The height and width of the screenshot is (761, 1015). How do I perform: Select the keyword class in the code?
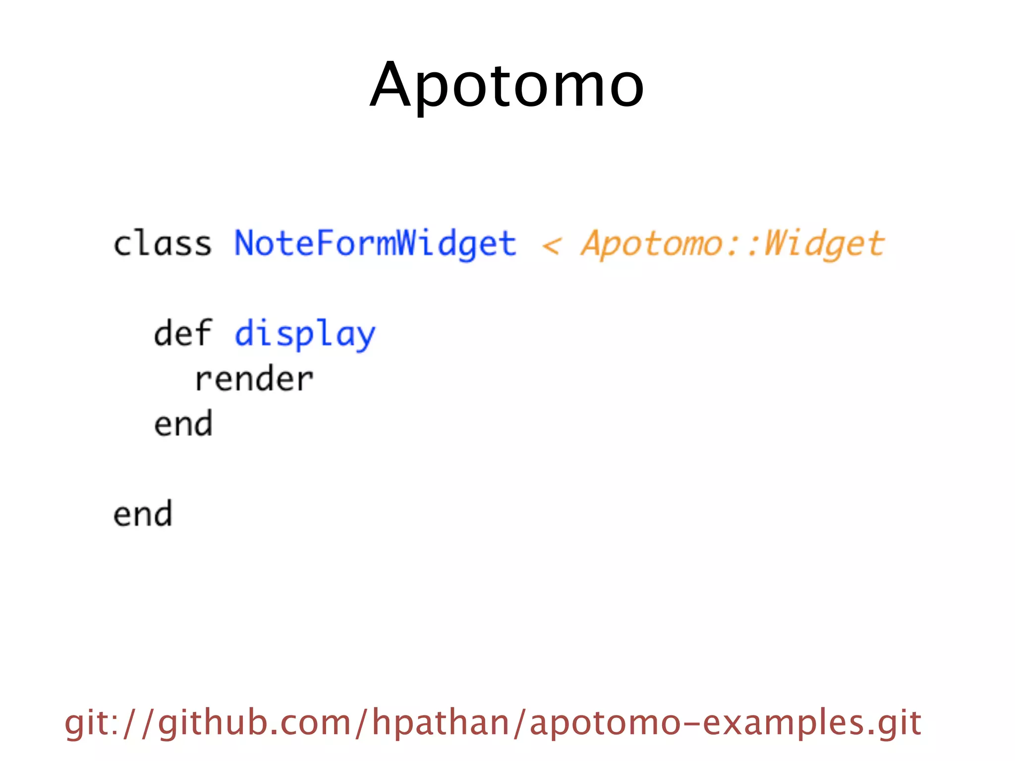pos(163,244)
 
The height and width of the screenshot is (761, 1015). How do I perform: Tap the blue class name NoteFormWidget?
pos(375,244)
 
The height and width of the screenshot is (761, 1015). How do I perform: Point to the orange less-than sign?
pos(552,245)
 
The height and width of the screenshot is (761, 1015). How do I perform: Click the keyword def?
pos(183,333)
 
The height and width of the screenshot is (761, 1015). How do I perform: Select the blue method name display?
pos(305,334)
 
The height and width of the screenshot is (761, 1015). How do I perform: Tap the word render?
pos(254,380)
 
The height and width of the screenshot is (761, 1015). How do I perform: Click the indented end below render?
pos(183,424)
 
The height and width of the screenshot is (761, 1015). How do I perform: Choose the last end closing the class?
pos(143,514)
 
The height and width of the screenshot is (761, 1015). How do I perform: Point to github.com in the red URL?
pos(254,723)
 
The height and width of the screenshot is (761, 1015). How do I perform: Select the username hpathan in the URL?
pos(441,723)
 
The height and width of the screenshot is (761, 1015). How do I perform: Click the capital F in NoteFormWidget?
pos(325,244)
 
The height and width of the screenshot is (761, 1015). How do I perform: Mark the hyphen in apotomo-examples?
pos(692,724)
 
